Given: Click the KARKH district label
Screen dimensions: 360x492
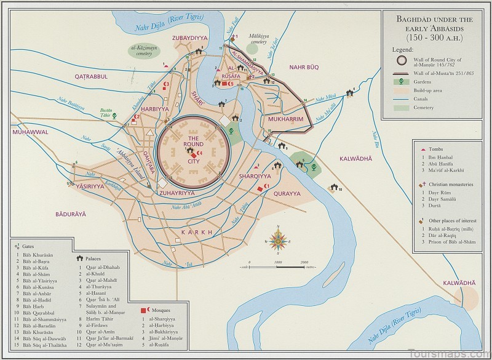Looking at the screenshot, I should click(196, 232).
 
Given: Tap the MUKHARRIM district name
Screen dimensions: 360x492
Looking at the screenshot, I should click(282, 119).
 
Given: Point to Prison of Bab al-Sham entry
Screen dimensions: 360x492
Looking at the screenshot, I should click(450, 244).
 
